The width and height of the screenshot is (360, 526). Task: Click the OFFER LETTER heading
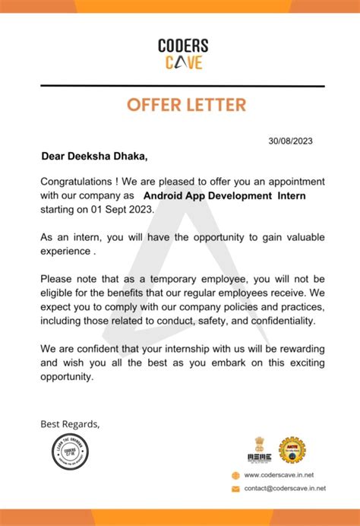(x=182, y=105)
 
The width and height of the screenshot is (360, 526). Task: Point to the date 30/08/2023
(x=291, y=141)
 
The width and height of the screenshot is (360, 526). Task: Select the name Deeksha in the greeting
(x=94, y=157)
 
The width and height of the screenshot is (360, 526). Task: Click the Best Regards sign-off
(x=70, y=423)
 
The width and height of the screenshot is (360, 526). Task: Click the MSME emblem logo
(x=259, y=449)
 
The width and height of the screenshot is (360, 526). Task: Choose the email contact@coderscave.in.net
(x=285, y=488)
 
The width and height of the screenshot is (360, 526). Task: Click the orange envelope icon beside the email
(x=236, y=488)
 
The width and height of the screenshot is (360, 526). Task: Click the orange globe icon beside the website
(x=236, y=475)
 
